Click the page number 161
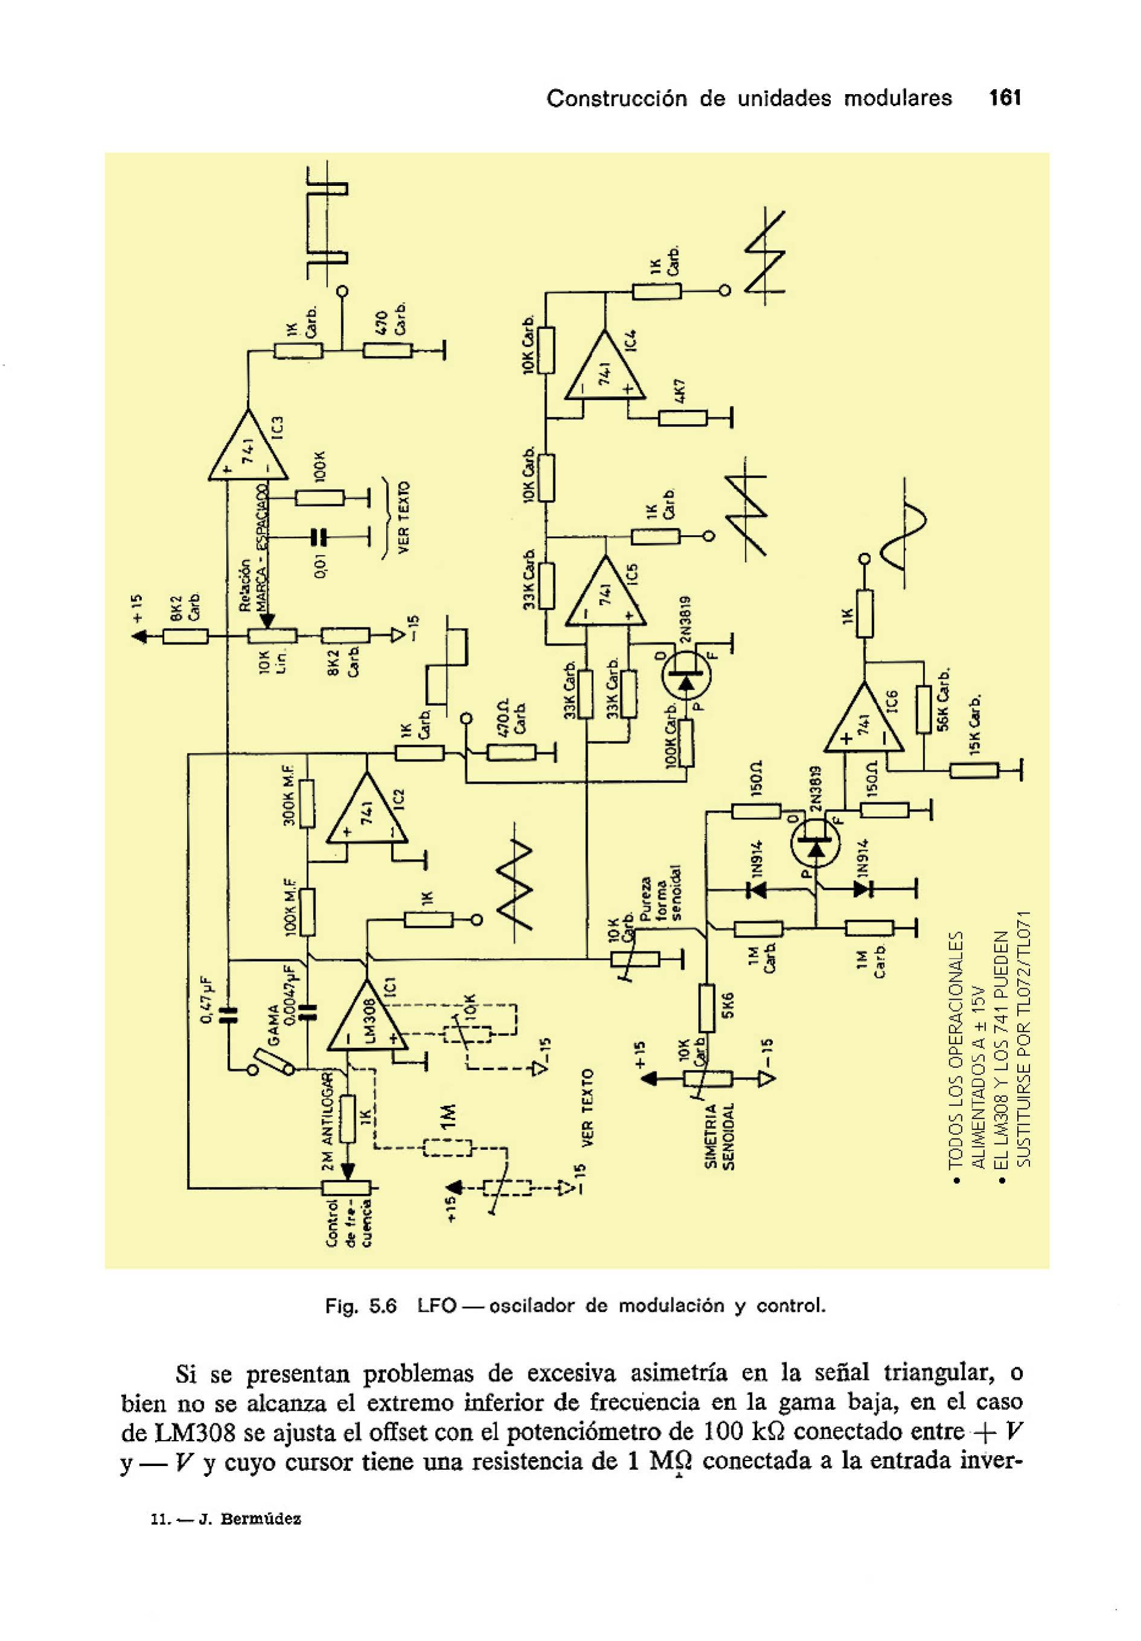pos(1005,98)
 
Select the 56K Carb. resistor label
pos(943,700)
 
